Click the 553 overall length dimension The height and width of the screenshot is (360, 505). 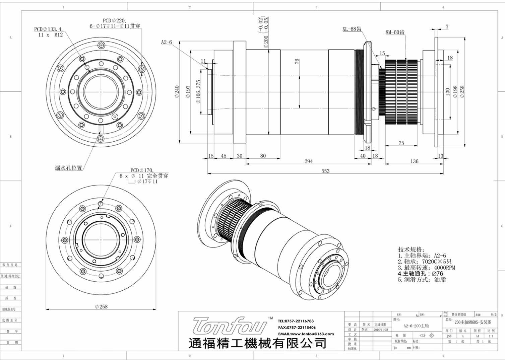(325, 171)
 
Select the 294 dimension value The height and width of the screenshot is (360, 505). (308, 161)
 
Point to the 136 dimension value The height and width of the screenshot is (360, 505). (414, 161)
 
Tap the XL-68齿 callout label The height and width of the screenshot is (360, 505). (352, 29)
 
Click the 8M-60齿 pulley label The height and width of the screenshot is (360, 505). (395, 32)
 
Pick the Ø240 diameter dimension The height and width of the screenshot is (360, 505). (177, 92)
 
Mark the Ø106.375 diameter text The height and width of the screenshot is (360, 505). (198, 91)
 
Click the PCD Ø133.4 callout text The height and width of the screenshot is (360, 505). (49, 32)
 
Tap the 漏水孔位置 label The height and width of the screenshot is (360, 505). (68, 168)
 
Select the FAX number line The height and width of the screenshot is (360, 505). (297, 328)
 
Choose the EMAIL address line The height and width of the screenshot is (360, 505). (306, 334)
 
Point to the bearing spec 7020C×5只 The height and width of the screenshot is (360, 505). (425, 262)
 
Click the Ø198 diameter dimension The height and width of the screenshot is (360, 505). (455, 91)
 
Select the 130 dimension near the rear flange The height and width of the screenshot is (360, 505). (447, 92)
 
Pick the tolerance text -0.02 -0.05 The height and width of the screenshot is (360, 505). (263, 24)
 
